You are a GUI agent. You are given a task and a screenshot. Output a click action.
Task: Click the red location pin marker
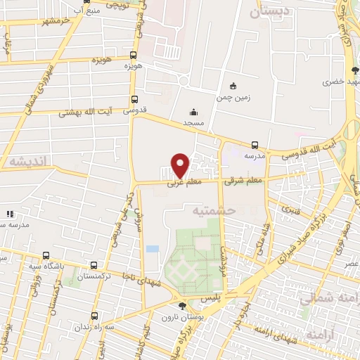(181, 165)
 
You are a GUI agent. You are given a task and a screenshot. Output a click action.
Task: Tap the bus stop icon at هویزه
(134, 55)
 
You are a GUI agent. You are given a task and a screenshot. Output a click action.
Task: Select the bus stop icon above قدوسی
(134, 100)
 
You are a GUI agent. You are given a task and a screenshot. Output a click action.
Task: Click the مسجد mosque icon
(193, 111)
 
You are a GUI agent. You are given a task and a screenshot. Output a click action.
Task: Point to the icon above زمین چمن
(233, 86)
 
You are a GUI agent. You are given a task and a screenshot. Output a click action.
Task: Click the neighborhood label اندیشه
(27, 161)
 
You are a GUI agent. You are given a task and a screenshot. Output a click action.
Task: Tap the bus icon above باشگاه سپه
(46, 256)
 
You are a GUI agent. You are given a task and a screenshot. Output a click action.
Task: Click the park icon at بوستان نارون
(182, 305)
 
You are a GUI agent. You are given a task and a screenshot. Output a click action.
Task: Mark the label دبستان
(265, 11)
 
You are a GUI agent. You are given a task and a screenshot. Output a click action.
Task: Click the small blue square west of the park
(152, 250)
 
